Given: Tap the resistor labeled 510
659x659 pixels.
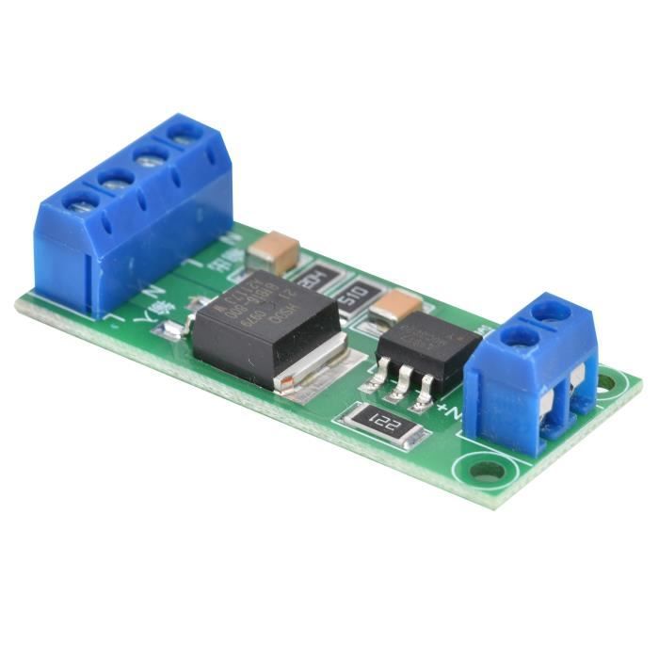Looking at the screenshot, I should coord(353,298).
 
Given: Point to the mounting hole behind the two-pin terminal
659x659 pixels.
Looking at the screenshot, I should coord(607,383).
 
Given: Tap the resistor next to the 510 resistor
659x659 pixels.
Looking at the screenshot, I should coord(311,279).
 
